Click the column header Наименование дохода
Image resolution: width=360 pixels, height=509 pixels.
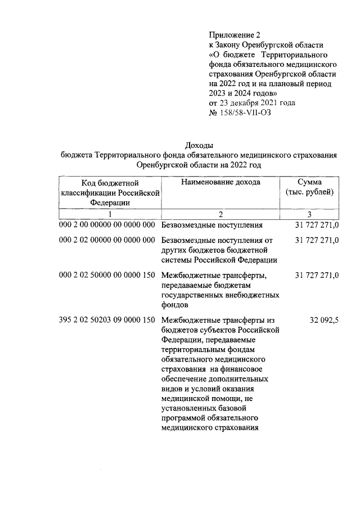(220, 183)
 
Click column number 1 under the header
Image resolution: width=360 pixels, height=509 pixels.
(110, 214)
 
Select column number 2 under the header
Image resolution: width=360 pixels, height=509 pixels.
(220, 214)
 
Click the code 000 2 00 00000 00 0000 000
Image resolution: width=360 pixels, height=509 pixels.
(107, 226)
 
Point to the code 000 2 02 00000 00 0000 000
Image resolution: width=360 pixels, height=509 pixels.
(107, 240)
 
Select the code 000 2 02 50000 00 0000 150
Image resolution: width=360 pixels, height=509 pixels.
(107, 275)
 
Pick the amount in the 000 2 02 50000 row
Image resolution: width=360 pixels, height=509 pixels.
(316, 275)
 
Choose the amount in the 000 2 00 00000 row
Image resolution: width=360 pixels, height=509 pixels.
(316, 226)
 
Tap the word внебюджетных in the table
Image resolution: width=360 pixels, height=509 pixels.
(253, 295)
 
